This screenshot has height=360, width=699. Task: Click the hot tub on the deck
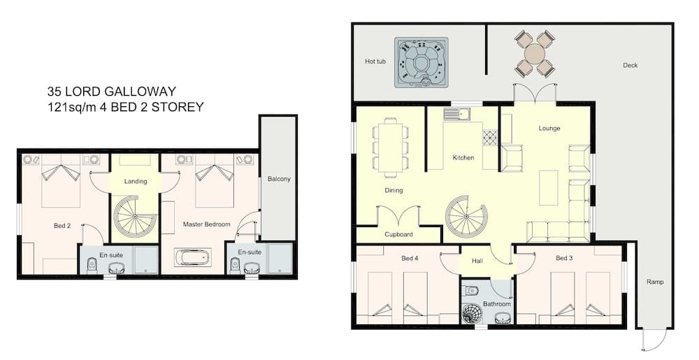[421, 62]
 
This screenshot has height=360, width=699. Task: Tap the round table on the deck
[535, 54]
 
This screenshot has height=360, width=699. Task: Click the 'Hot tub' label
[375, 62]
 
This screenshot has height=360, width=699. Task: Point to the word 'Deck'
[630, 65]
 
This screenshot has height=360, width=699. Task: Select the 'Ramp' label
[655, 282]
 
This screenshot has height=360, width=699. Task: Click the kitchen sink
[456, 115]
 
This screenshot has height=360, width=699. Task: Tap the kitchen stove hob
[489, 138]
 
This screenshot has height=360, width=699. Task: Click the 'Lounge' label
[549, 129]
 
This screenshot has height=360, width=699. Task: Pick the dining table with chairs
[390, 147]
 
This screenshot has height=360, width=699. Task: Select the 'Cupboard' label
[398, 234]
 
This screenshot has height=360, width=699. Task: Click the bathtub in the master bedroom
[192, 258]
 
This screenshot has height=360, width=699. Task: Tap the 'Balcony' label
[279, 179]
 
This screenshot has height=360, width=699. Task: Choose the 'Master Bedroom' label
[207, 224]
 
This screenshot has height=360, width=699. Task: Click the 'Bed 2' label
[62, 226]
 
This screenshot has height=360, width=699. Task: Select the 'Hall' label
[477, 261]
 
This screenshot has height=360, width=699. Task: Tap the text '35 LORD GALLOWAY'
[111, 92]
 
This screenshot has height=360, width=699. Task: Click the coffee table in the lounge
[549, 187]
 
